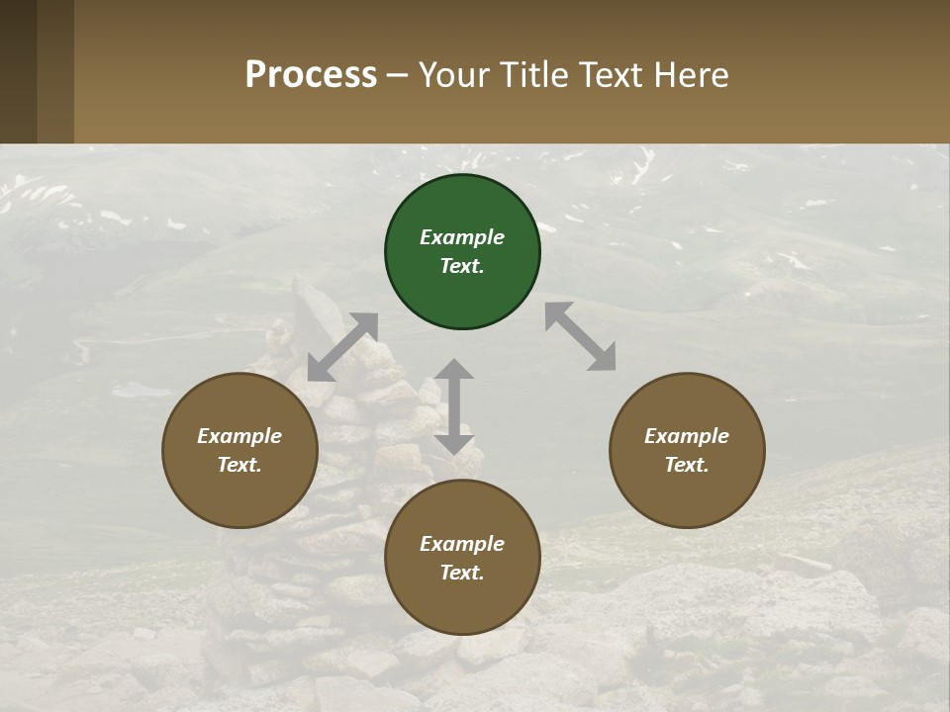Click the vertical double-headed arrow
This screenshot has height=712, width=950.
pos(454,406)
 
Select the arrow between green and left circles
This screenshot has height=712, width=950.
pos(342,347)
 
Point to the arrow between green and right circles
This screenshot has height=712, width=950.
pos(581,336)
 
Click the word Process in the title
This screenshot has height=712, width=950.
pos(311,74)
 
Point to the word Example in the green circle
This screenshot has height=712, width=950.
pos(462,237)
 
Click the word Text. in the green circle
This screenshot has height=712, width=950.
pos(462,266)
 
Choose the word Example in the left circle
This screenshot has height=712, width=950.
pos(239,436)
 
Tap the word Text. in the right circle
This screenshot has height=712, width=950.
pos(687,465)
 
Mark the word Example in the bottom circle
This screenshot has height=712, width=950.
pos(462,544)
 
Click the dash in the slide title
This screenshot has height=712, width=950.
pos(398,75)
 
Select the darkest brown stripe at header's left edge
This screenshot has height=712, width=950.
pos(18,71)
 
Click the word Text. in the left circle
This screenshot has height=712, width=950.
pos(239,465)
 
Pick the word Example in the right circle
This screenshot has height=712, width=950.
pos(687,436)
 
